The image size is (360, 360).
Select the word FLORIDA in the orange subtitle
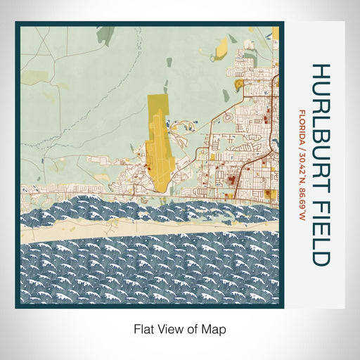[301, 127]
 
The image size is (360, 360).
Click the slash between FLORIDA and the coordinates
[301, 146]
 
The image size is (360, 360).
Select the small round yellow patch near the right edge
[240, 85]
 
